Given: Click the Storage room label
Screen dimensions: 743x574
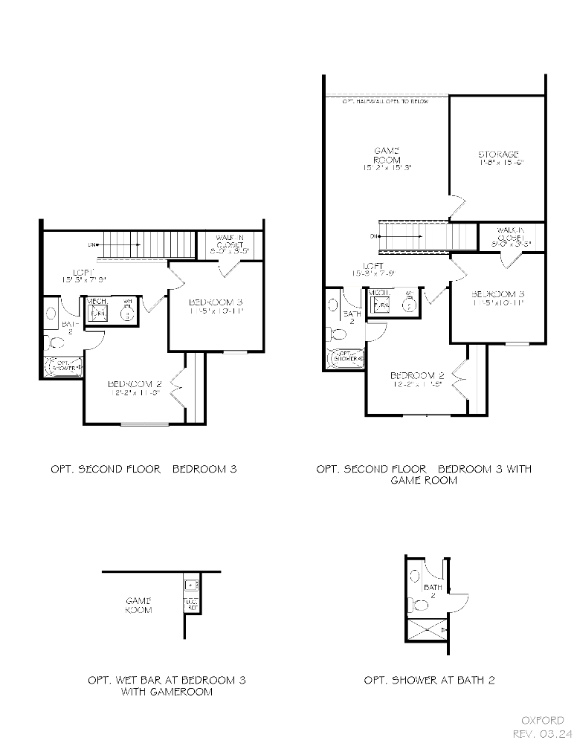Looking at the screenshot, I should [x=497, y=158].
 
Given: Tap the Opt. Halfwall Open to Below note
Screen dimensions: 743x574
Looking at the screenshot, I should [x=385, y=100].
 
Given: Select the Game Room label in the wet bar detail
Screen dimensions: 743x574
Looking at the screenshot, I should [x=138, y=605].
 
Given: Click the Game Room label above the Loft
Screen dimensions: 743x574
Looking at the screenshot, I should [x=387, y=159].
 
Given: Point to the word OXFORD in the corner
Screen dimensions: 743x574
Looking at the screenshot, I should [x=543, y=720].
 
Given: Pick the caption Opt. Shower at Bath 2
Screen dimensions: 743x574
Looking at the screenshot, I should [x=429, y=679].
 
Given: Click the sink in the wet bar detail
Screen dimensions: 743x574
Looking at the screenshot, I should [x=190, y=585].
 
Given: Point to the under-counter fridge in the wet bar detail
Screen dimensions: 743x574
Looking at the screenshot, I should [x=190, y=603].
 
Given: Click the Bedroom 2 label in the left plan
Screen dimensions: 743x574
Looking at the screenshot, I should [x=135, y=388].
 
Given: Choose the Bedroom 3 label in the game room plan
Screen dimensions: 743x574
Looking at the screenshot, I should [x=497, y=298].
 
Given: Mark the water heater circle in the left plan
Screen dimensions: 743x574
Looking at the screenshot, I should [x=127, y=313].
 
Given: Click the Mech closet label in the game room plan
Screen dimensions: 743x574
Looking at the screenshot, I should [x=379, y=293].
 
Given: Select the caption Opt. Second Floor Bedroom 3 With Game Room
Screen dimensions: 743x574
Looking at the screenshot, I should [x=424, y=474].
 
